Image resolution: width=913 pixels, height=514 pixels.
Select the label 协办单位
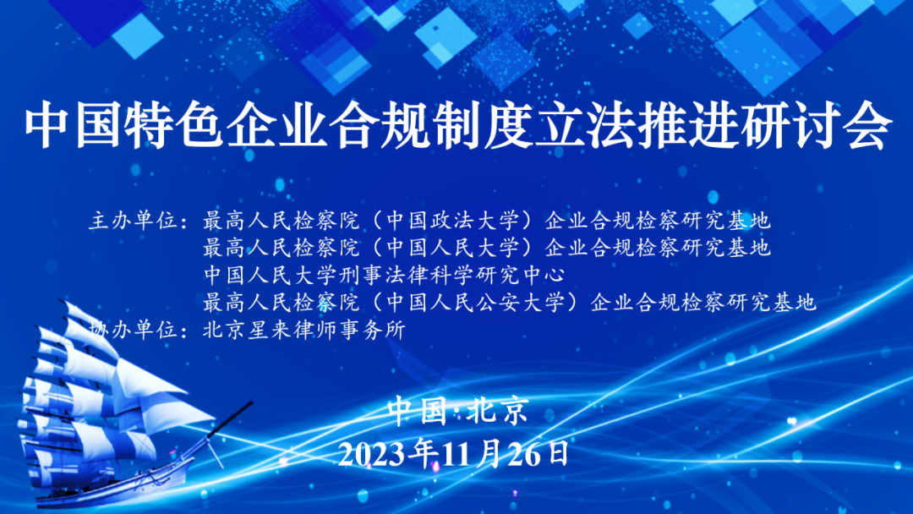point(135,331)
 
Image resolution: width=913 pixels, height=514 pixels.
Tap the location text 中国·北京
point(456,412)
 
